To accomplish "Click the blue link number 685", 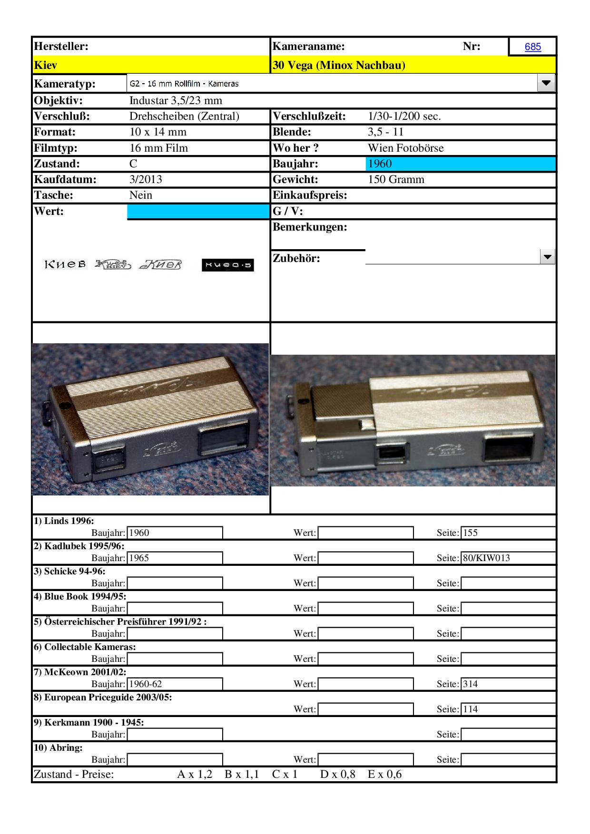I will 532,47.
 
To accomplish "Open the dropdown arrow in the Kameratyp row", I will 546,83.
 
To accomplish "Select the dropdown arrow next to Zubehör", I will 548,257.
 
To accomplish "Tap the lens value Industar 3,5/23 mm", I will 176,100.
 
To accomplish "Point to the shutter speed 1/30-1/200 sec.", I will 404,116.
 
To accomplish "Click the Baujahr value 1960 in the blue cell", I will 380,164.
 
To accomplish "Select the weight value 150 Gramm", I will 396,179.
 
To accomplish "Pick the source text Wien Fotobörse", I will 405,148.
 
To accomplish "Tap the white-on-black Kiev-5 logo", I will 227,265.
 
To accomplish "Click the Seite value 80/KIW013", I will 486,558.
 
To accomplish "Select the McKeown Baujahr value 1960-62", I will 146,684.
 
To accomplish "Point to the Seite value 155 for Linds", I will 470,533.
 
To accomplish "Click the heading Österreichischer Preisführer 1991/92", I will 120,621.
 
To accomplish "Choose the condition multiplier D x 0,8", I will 337,774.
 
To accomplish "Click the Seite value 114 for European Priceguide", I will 470,709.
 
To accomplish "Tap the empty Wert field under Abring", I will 365,759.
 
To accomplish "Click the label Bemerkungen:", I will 310,227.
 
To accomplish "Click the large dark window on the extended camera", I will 508,449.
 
